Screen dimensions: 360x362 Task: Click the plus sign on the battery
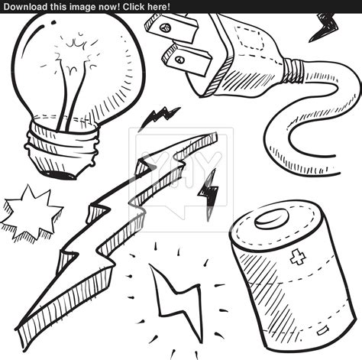298,257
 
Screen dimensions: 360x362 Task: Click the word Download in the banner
26,6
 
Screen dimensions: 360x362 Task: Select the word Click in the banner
131,6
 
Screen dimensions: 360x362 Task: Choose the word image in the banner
83,6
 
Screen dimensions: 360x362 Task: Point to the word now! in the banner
108,6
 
